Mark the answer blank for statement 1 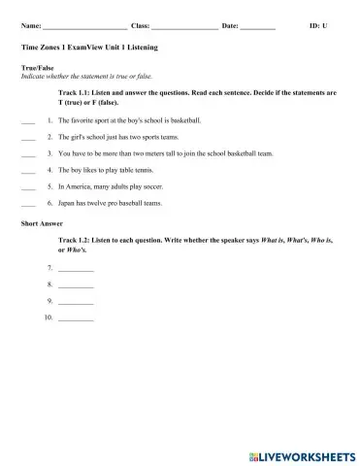point(27,120)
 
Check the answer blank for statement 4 point(27,170)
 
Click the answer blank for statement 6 point(27,204)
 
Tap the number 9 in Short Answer point(49,301)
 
